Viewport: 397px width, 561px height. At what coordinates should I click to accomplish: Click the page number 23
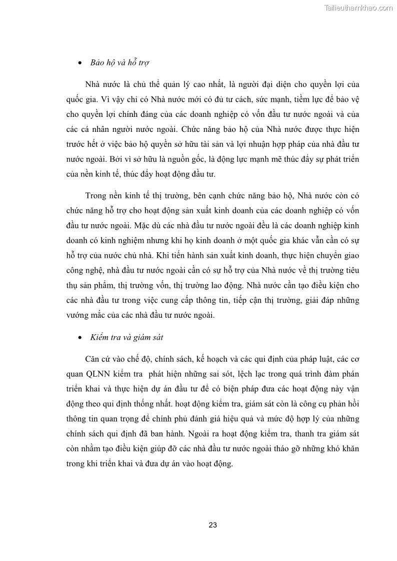pos(212,525)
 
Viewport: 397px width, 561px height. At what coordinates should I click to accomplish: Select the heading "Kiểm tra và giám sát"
pos(126,337)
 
